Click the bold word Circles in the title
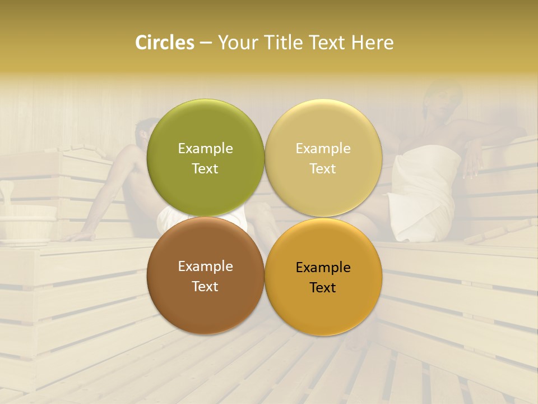click(x=164, y=43)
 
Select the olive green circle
click(x=205, y=158)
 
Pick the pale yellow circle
click(x=323, y=158)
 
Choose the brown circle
click(x=205, y=276)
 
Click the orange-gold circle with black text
click(x=323, y=277)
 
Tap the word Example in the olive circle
click(x=205, y=148)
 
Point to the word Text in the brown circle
click(x=205, y=286)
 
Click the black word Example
click(x=323, y=267)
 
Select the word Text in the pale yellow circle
click(x=323, y=168)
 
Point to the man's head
click(x=147, y=132)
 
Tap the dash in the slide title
click(x=206, y=43)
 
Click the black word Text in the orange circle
click(x=323, y=287)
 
